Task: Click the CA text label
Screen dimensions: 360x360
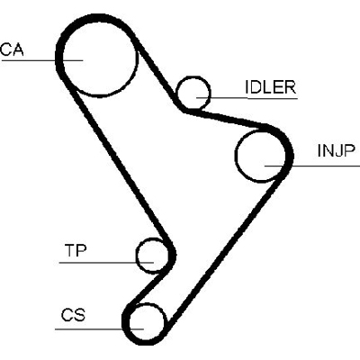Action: tap(11, 49)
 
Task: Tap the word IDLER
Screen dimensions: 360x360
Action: tap(270, 87)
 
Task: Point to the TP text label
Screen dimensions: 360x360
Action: tap(76, 249)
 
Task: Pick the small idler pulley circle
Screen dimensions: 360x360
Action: tap(193, 92)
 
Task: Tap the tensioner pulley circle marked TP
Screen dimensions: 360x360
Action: tap(151, 255)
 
